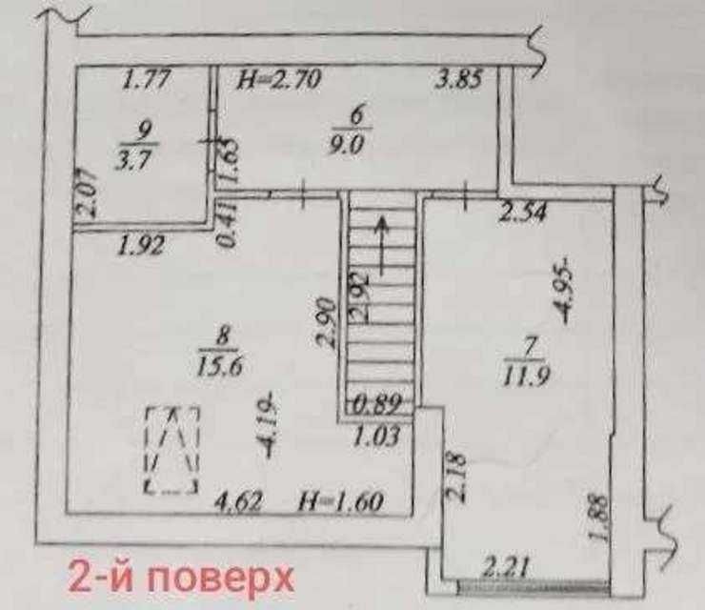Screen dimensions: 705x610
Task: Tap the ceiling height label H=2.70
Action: [x=279, y=80]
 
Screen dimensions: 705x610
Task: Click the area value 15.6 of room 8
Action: [x=220, y=366]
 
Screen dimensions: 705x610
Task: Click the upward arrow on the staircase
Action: [x=382, y=245]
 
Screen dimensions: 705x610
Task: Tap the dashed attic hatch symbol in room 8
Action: [x=171, y=450]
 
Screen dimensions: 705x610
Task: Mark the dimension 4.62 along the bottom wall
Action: [x=239, y=501]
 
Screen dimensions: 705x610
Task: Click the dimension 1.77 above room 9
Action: [x=147, y=80]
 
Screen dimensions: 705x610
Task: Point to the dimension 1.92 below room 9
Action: [x=141, y=246]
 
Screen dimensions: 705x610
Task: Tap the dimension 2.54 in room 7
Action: [x=524, y=211]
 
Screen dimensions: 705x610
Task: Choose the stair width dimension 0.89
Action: [x=376, y=403]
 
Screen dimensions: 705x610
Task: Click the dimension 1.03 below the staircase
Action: [x=376, y=436]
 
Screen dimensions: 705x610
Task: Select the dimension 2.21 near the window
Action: [x=505, y=568]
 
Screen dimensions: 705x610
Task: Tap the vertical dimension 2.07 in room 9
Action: [x=87, y=193]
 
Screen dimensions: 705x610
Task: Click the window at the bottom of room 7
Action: [x=534, y=585]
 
